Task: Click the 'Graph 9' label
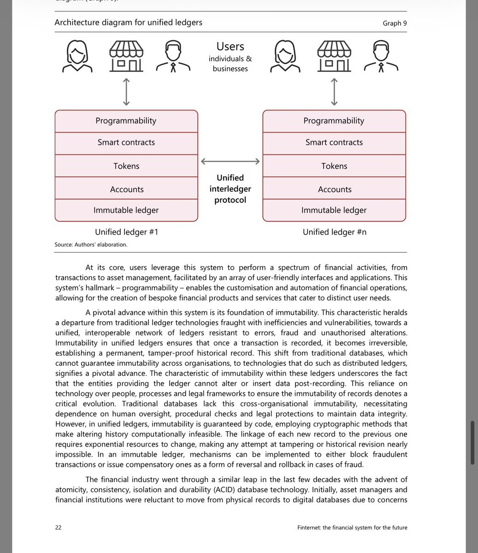click(x=395, y=23)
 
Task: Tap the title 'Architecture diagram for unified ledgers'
click(x=128, y=22)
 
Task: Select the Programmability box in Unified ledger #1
click(x=126, y=121)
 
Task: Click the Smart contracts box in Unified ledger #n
click(x=334, y=142)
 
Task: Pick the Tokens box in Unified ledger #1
click(x=126, y=166)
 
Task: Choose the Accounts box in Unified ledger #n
click(x=334, y=189)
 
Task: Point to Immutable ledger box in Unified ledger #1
click(x=126, y=210)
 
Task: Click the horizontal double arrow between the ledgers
click(x=230, y=161)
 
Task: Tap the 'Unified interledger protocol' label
click(x=230, y=189)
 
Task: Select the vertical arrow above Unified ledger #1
click(x=126, y=92)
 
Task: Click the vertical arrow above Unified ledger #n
click(x=334, y=92)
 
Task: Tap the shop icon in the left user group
click(x=126, y=56)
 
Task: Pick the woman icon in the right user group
click(x=285, y=56)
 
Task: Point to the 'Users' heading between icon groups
click(x=230, y=47)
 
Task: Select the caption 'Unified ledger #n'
click(x=334, y=232)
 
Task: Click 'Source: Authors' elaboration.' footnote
click(x=91, y=245)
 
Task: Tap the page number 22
click(x=58, y=527)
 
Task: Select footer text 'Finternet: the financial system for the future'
click(x=352, y=527)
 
